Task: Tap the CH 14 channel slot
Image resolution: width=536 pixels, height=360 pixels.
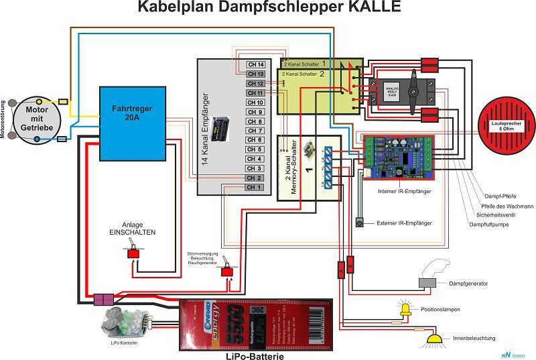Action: [255, 64]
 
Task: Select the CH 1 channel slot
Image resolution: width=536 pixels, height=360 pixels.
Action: [255, 188]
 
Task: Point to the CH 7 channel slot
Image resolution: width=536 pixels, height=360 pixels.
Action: [255, 131]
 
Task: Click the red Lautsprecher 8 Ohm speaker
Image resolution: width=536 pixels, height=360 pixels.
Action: [507, 124]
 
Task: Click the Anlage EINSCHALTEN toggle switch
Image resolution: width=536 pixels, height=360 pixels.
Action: [133, 255]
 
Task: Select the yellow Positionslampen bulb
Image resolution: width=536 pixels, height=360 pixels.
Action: [406, 309]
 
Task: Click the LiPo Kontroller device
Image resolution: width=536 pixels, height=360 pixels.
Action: [125, 324]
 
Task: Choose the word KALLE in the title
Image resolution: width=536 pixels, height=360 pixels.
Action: [368, 8]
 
